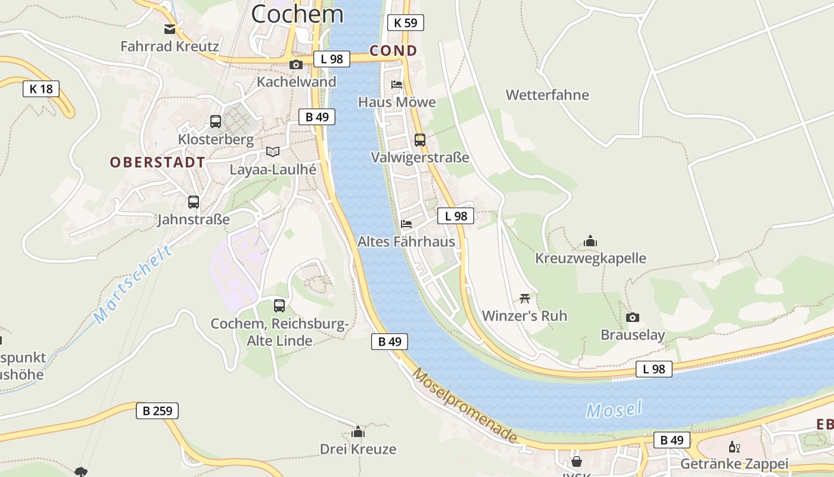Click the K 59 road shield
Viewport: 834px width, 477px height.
coord(406,23)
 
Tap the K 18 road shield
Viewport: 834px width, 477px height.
coord(41,89)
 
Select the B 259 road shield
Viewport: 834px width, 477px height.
coord(157,410)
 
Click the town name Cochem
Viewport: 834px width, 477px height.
coord(297,13)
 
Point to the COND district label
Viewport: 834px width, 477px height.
coord(393,51)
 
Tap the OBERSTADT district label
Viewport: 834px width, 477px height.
coord(157,162)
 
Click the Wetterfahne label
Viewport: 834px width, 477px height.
coord(547,95)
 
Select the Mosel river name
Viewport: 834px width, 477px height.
coord(614,410)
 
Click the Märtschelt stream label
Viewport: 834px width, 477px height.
coord(134,284)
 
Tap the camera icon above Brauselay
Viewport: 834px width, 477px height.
coord(633,317)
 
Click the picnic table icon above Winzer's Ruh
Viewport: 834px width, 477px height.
coord(525,298)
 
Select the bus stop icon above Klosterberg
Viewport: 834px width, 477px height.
coord(216,122)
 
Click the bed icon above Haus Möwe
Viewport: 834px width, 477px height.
coord(397,85)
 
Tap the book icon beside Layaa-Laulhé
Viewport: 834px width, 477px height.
coord(273,151)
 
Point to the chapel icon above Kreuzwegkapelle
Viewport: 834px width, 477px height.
coord(590,241)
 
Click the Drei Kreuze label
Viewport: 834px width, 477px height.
coord(358,449)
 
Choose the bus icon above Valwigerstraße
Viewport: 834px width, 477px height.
coord(420,140)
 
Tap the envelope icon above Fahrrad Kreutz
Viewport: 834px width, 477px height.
coord(170,29)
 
